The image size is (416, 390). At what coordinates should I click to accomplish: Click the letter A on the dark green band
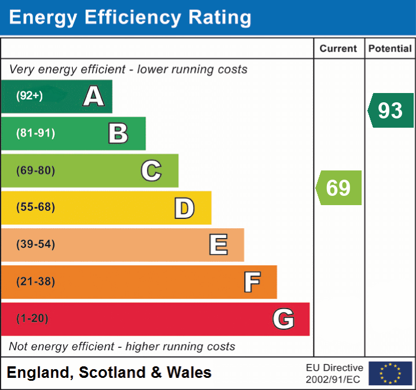(94, 96)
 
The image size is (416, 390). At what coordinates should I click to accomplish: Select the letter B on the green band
(118, 133)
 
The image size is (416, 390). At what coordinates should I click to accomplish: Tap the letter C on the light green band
(151, 170)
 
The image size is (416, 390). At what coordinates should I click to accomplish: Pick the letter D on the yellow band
(184, 208)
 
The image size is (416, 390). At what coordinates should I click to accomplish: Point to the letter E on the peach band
(218, 245)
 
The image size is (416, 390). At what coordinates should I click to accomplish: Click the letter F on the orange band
(252, 282)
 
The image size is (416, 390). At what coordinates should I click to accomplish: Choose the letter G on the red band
(284, 319)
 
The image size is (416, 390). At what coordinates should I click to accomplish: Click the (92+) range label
(30, 96)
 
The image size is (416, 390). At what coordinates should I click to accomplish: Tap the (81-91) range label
(36, 133)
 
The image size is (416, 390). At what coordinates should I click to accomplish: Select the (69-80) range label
(36, 170)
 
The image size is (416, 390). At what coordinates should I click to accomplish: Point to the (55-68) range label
(36, 207)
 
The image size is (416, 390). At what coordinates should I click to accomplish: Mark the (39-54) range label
(36, 244)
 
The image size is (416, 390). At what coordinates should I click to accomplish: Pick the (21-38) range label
(36, 282)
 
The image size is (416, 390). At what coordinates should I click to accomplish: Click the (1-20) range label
(32, 319)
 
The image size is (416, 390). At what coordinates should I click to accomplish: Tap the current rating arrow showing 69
(338, 188)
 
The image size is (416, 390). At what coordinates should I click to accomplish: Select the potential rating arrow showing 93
(391, 110)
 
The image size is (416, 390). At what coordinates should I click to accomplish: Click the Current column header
(338, 49)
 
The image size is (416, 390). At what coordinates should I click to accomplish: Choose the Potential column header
(390, 49)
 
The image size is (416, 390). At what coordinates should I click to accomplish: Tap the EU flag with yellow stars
(390, 373)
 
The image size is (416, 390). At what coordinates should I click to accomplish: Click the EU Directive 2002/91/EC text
(334, 373)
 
